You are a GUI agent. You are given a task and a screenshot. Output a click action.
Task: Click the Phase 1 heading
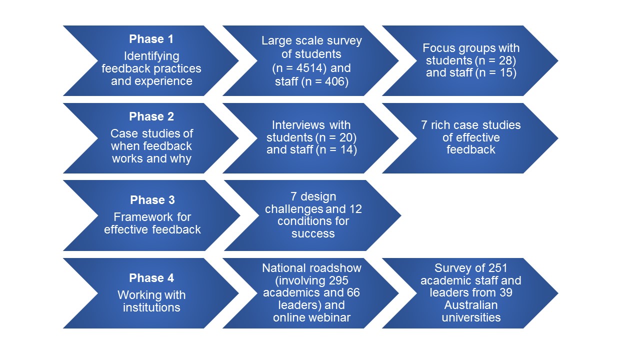[x=151, y=39]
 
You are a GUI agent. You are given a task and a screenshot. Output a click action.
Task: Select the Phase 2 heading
[x=151, y=117]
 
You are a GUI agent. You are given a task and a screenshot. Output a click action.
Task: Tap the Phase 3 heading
[x=152, y=200]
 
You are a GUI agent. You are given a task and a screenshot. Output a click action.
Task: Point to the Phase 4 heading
[x=151, y=278]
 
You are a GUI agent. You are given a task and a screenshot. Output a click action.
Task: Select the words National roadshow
[x=311, y=268]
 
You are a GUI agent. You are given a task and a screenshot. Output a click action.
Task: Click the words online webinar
[x=311, y=317]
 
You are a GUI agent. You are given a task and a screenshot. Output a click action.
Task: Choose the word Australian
[x=470, y=305]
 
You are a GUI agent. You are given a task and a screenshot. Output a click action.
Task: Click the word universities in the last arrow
[x=470, y=317]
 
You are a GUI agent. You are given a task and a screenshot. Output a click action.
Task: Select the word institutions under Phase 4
[x=151, y=307]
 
